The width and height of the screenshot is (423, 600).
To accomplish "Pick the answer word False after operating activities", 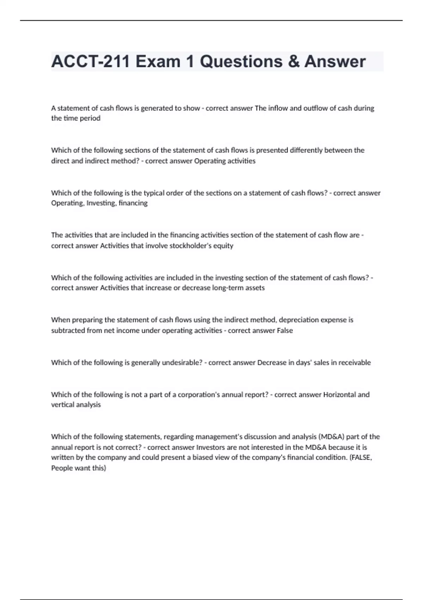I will coord(285,330).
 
